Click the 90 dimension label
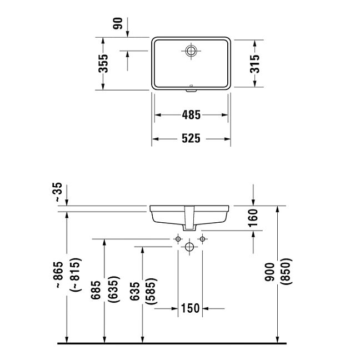pyautogui.click(x=118, y=23)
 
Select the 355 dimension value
pyautogui.click(x=103, y=63)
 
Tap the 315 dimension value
pyautogui.click(x=254, y=64)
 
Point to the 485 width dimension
pyautogui.click(x=191, y=115)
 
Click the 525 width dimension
pyautogui.click(x=191, y=138)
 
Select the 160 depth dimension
pyautogui.click(x=253, y=218)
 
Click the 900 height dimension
pyautogui.click(x=269, y=272)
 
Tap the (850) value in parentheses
pyautogui.click(x=287, y=272)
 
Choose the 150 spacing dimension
pyautogui.click(x=191, y=308)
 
